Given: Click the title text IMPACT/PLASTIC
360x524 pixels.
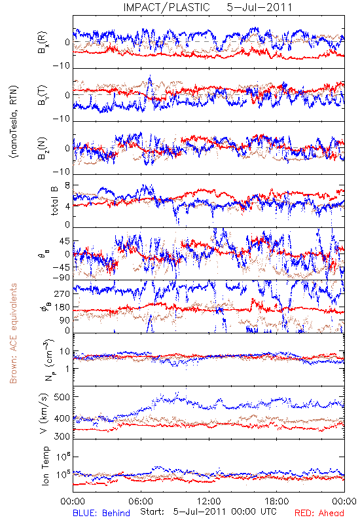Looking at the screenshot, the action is coord(166,7).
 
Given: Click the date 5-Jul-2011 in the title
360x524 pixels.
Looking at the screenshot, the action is coord(259,7).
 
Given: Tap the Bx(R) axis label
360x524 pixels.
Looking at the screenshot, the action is coord(43,42).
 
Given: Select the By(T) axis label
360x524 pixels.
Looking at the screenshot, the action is coord(43,95).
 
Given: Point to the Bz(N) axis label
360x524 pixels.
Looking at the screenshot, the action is coord(43,148).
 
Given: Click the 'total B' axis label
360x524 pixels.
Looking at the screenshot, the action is coord(54,201).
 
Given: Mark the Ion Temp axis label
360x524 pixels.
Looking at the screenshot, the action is coord(45,466).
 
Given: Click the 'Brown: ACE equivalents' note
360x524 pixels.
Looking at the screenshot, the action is coord(13,333).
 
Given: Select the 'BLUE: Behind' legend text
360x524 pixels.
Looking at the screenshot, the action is coord(101,513).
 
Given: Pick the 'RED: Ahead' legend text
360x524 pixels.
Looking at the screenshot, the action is coord(319,513).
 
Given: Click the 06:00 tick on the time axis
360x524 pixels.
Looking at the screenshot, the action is coord(141,501).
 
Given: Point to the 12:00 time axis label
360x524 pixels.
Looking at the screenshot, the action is coord(209,501).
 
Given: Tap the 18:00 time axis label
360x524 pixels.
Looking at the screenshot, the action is coord(276,501).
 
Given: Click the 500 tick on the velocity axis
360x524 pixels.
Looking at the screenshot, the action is coord(62,397).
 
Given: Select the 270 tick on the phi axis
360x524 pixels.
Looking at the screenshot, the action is coord(63,293).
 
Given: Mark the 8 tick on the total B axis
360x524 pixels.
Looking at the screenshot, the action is coord(67,186).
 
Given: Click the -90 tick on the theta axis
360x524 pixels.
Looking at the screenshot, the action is coord(62,278).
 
